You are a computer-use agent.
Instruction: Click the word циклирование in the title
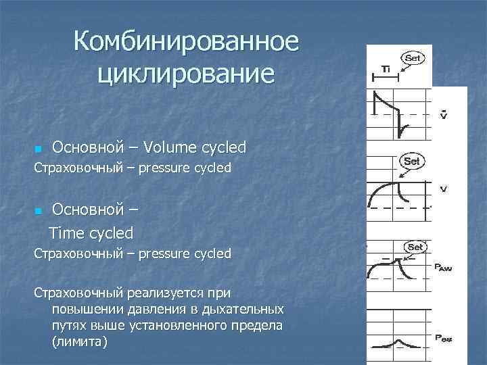[x=186, y=72]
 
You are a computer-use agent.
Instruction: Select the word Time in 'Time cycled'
[x=67, y=233]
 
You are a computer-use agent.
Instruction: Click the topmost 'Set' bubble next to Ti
[x=412, y=58]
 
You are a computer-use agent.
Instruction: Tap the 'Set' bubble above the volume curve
[x=412, y=162]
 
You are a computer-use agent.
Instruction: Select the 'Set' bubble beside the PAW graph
[x=415, y=247]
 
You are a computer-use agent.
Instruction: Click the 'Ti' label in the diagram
[x=386, y=69]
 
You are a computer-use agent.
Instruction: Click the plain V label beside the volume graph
[x=443, y=189]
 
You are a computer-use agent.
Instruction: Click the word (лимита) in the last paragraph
[x=79, y=342]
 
